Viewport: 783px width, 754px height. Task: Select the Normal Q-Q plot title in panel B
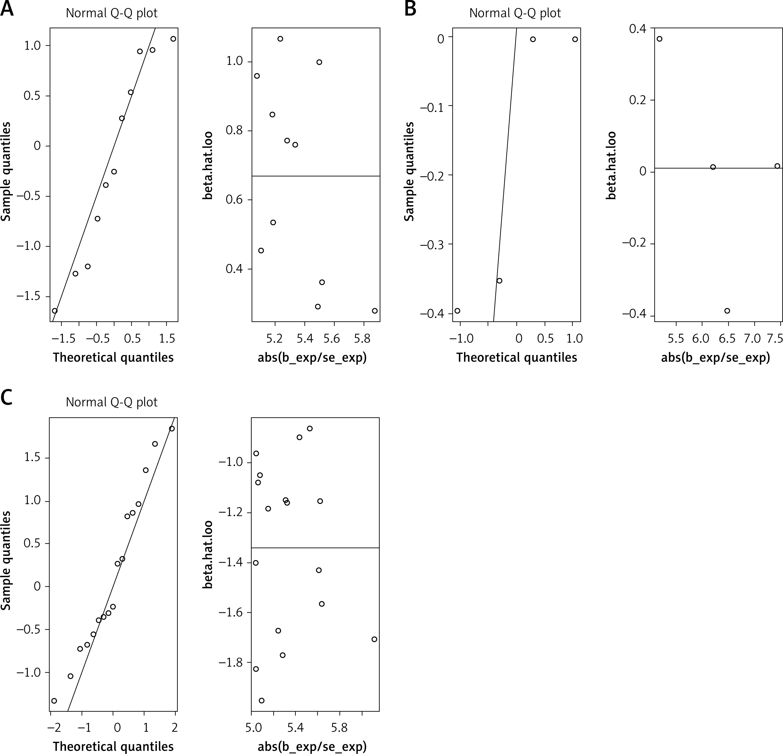pos(515,13)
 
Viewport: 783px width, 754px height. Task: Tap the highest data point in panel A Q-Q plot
pos(173,39)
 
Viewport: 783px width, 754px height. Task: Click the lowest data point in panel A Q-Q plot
pos(55,311)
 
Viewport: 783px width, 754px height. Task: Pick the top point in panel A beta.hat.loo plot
pos(281,39)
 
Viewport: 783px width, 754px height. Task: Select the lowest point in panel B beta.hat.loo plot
pos(727,311)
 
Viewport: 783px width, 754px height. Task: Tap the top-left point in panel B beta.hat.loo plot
pos(660,39)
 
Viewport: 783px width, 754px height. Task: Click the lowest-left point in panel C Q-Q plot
pos(54,700)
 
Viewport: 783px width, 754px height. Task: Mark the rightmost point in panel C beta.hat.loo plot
pos(374,639)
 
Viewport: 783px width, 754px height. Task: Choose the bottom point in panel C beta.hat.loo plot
pos(262,700)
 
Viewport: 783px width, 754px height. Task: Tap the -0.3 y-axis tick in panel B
pos(431,244)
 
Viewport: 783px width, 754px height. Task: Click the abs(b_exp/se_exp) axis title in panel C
pos(312,746)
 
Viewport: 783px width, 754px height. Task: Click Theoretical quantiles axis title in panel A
pos(113,358)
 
